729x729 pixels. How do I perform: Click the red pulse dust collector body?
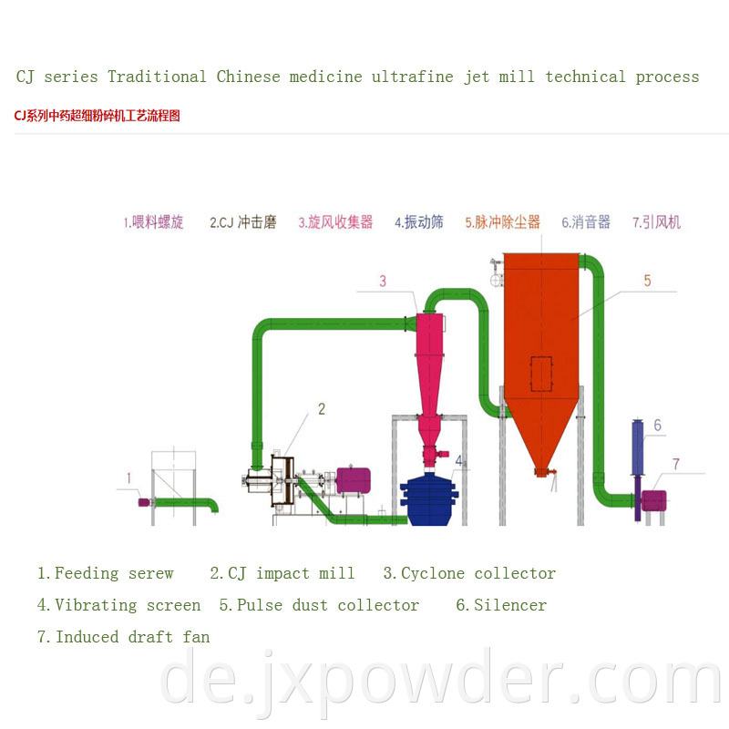pyautogui.click(x=541, y=354)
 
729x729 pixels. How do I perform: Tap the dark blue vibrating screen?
pyautogui.click(x=429, y=499)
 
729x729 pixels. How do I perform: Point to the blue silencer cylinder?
pyautogui.click(x=637, y=447)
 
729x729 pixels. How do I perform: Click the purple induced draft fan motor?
pyautogui.click(x=653, y=500)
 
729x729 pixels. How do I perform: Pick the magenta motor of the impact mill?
pyautogui.click(x=353, y=480)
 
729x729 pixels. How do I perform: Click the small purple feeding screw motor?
pyautogui.click(x=144, y=502)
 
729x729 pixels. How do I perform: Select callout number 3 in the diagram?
pyautogui.click(x=383, y=282)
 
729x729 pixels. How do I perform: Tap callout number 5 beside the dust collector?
pyautogui.click(x=647, y=281)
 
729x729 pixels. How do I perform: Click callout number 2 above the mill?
pyautogui.click(x=322, y=409)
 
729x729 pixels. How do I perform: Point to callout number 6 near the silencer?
pyautogui.click(x=657, y=425)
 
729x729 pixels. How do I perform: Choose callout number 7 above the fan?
pyautogui.click(x=676, y=464)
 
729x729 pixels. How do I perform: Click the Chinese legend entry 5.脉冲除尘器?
pyautogui.click(x=503, y=222)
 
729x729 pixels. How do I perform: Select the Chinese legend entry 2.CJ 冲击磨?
pyautogui.click(x=243, y=222)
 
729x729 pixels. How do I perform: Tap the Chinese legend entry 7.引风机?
pyautogui.click(x=656, y=222)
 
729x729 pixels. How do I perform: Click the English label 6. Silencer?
pyautogui.click(x=501, y=605)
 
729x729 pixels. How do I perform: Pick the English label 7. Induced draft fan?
pyautogui.click(x=124, y=636)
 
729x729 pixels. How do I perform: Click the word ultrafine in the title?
pyautogui.click(x=413, y=77)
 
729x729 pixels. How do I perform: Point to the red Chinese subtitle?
pyautogui.click(x=97, y=116)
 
